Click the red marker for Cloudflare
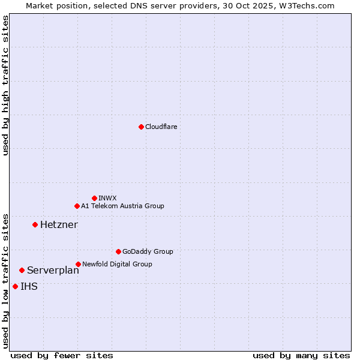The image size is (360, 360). click(141, 127)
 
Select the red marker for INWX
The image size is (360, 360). click(94, 198)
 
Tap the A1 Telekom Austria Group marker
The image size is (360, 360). click(77, 206)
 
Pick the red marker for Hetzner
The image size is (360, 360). click(35, 224)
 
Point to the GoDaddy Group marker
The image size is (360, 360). click(118, 251)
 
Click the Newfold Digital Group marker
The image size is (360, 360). click(78, 264)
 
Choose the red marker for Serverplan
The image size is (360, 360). click(22, 270)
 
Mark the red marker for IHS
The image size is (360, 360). click(15, 286)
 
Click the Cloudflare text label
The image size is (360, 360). click(161, 127)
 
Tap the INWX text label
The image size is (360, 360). click(107, 198)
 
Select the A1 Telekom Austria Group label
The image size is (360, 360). click(122, 206)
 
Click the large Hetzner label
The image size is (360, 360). click(59, 224)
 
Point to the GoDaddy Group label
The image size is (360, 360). click(148, 251)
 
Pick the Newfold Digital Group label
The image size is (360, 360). click(117, 264)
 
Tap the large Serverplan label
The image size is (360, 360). click(53, 270)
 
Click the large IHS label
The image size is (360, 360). click(29, 286)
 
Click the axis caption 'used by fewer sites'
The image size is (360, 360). click(62, 355)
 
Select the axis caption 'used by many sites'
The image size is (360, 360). click(301, 355)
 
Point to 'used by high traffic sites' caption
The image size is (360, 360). click(5, 85)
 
